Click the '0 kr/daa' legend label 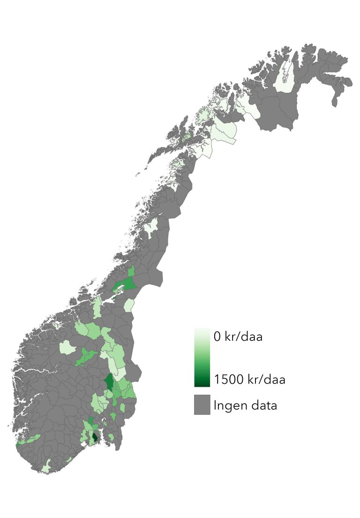(238, 337)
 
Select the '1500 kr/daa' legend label (249, 379)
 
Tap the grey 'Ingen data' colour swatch (202, 405)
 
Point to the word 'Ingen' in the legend (228, 405)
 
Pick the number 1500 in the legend (228, 379)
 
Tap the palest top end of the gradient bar (202, 330)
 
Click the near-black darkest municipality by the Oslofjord (96, 438)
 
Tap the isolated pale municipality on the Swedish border (129, 305)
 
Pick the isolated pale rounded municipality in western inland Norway (67, 347)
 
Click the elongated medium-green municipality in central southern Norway (86, 356)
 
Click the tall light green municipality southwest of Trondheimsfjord (97, 307)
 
